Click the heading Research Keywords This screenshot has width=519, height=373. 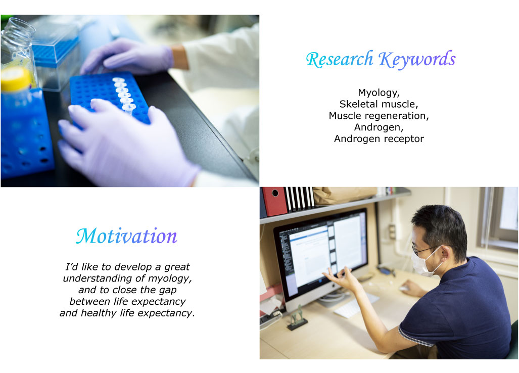pos(381,60)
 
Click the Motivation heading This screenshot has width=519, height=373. pos(126,236)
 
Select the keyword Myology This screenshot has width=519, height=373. pos(379,92)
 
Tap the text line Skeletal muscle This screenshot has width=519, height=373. pos(379,104)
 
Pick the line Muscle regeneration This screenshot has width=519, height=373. pos(379,116)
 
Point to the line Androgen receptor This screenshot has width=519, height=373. pos(379,138)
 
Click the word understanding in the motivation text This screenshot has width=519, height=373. pos(98,278)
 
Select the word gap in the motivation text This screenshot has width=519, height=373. pos(168,290)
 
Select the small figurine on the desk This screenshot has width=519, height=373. pos(297,318)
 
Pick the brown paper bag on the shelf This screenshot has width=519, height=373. pos(344,195)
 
